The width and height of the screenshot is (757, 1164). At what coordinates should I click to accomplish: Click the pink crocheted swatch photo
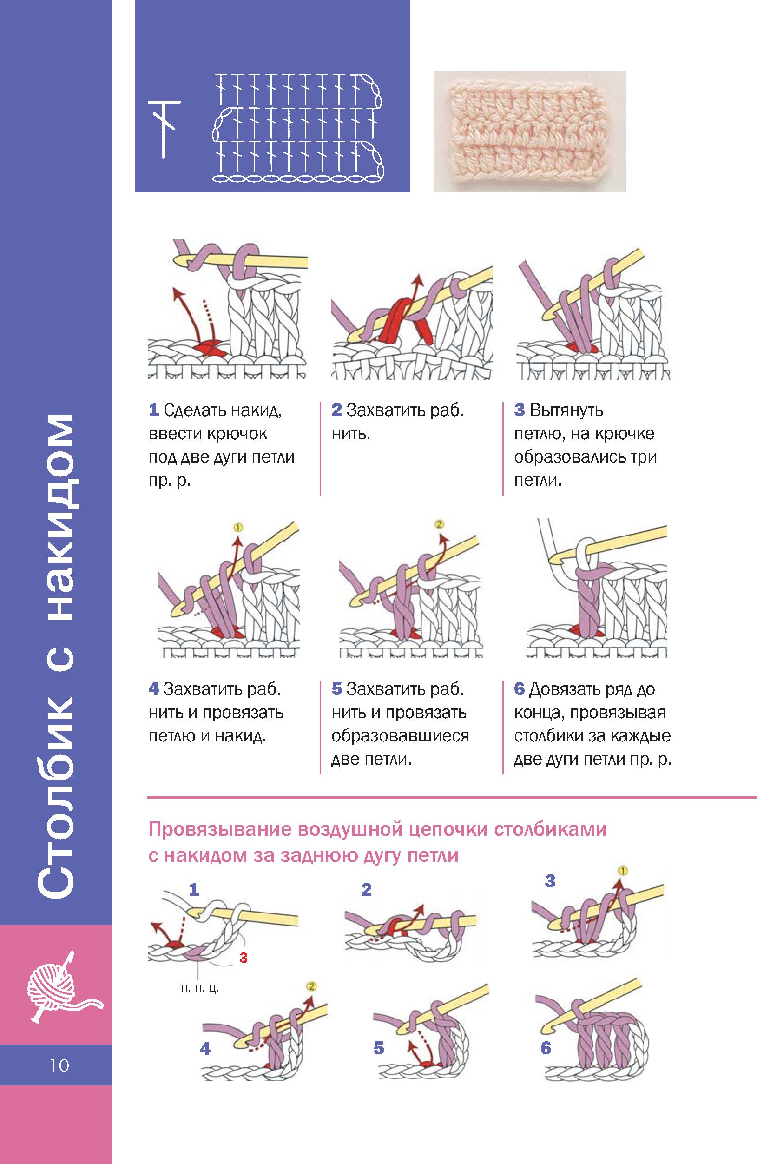[x=529, y=132]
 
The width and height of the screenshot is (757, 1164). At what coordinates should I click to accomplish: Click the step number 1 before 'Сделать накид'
[x=154, y=410]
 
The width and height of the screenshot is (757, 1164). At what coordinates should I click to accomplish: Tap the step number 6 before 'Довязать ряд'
[x=520, y=689]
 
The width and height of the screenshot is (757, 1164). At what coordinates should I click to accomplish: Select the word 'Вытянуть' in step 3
[x=566, y=410]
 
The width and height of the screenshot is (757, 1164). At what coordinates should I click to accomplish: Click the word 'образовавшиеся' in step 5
[x=400, y=736]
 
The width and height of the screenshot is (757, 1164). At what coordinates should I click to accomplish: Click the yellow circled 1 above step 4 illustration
[x=238, y=527]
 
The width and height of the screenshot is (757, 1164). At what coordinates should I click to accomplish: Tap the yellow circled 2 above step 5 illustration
[x=439, y=524]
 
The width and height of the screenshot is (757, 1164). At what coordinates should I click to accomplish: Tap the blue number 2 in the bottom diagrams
[x=366, y=889]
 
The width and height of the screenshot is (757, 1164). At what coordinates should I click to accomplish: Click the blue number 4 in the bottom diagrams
[x=205, y=1049]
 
